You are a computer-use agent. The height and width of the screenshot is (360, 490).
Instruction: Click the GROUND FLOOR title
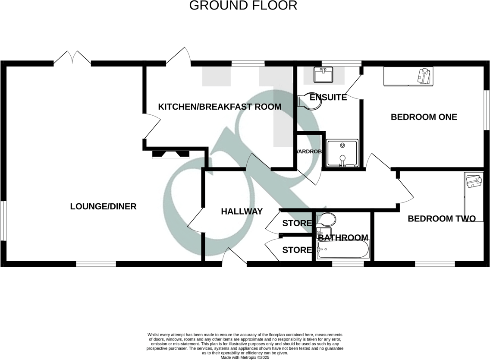(x=243, y=6)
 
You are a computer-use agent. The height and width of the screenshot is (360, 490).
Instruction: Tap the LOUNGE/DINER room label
(x=103, y=207)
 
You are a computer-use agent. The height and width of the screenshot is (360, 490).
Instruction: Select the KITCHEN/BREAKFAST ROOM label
(x=220, y=107)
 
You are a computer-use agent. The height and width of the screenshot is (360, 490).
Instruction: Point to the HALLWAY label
(x=242, y=212)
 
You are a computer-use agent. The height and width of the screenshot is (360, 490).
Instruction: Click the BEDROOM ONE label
(x=424, y=117)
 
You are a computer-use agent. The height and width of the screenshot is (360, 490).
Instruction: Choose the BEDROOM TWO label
(x=441, y=219)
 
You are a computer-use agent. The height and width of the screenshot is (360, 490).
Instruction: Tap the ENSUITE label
(x=328, y=98)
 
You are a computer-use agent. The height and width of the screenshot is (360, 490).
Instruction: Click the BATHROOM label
(x=343, y=238)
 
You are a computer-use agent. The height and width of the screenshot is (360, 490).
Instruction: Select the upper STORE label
(x=297, y=223)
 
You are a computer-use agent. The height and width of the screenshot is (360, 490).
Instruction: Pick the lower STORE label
(x=297, y=250)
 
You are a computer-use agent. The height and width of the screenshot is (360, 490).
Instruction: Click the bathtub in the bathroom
(x=343, y=249)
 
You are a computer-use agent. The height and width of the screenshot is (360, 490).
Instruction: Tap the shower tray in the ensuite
(x=342, y=152)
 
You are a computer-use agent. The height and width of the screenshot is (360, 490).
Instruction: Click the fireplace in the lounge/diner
(x=171, y=154)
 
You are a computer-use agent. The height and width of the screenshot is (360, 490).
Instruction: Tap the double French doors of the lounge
(x=72, y=58)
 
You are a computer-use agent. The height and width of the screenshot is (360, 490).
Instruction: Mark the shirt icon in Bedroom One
(x=424, y=76)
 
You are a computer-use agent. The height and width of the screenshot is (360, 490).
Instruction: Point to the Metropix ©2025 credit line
(x=245, y=357)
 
